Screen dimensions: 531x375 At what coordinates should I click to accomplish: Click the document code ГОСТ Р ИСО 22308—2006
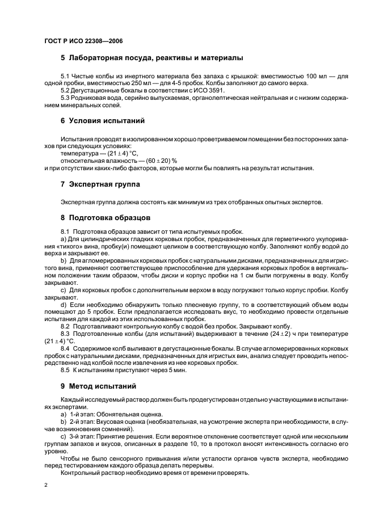click(x=83, y=41)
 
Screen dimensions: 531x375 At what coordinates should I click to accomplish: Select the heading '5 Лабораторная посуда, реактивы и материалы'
click(x=151, y=58)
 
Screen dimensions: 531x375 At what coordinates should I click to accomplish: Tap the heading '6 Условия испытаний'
click(x=102, y=120)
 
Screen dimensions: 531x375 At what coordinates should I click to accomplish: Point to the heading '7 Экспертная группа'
click(x=100, y=185)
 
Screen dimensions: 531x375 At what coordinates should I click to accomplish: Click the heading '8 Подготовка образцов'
click(x=106, y=217)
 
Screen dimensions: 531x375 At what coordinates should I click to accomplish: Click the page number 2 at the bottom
click(x=46, y=486)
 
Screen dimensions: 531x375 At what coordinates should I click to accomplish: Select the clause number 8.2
click(x=65, y=327)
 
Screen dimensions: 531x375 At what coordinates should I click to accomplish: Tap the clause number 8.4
click(x=65, y=348)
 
